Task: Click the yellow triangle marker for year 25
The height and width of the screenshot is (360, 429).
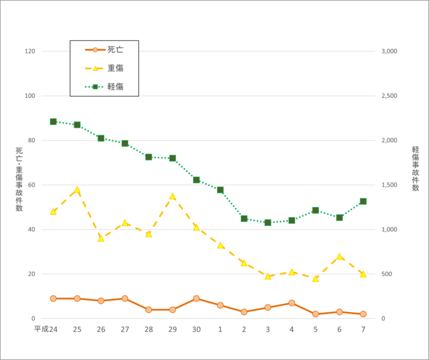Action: [77, 190]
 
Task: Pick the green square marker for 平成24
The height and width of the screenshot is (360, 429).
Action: [53, 122]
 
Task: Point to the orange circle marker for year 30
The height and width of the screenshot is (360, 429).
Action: [196, 299]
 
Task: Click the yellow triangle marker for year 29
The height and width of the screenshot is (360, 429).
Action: [172, 197]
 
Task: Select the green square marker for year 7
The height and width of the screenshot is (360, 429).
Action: [363, 201]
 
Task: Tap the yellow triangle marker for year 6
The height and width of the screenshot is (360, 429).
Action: [339, 257]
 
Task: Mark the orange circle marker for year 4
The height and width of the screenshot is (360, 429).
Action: [292, 303]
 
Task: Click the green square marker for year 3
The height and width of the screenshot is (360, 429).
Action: [268, 222]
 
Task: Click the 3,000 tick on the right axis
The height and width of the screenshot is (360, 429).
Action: [389, 51]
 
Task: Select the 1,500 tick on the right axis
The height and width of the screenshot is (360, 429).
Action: [389, 185]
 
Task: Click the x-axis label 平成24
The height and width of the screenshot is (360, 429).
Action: [46, 329]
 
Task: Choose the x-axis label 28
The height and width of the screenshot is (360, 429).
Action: [148, 329]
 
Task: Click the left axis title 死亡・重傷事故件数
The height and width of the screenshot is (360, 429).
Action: [19, 179]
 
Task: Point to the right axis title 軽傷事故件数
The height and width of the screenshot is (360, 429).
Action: [416, 168]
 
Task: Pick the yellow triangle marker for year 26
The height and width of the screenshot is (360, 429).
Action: [101, 238]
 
